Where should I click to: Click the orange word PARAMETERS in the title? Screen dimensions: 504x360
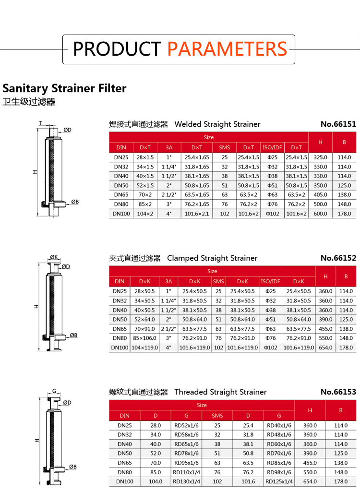click(227, 49)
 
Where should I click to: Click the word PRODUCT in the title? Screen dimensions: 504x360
click(117, 49)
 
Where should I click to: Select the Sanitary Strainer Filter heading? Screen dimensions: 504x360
click(64, 88)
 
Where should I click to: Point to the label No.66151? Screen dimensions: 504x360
click(338, 124)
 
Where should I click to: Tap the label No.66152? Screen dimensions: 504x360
click(338, 258)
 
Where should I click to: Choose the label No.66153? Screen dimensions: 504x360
click(338, 392)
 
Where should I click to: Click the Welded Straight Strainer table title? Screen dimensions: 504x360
click(217, 124)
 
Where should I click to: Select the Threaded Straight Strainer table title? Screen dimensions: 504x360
click(220, 392)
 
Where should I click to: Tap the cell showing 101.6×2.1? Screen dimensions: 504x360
click(197, 214)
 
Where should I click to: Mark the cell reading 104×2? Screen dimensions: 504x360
click(145, 214)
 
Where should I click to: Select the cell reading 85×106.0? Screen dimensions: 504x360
click(144, 338)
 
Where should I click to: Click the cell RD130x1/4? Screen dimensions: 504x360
click(186, 481)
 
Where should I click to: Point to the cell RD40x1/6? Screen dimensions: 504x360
click(279, 425)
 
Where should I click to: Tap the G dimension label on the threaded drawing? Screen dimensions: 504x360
click(54, 391)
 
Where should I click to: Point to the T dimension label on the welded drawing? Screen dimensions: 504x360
click(40, 124)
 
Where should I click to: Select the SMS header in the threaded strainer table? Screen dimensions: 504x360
click(217, 416)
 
